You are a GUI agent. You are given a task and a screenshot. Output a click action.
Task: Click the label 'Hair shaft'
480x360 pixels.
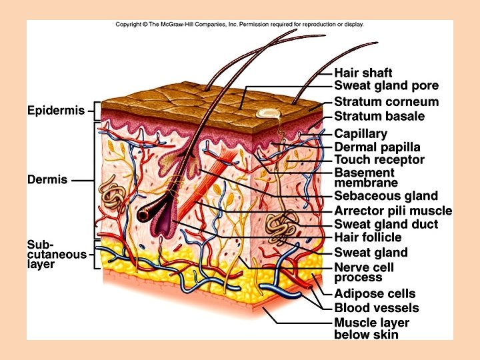click(x=363, y=73)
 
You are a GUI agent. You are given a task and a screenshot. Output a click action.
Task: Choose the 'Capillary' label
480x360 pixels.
click(x=360, y=133)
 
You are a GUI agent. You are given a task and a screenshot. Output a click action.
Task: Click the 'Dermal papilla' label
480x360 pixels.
click(x=377, y=147)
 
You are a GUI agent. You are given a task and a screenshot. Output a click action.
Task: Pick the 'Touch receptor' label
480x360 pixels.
click(x=379, y=160)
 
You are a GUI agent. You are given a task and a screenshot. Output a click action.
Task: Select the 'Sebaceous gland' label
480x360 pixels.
click(x=385, y=196)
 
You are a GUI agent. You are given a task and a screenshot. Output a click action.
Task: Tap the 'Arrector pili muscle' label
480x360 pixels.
click(x=393, y=211)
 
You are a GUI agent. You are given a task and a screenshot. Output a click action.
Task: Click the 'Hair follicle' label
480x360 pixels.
click(x=367, y=237)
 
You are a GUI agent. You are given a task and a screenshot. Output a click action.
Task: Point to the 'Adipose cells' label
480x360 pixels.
click(x=374, y=294)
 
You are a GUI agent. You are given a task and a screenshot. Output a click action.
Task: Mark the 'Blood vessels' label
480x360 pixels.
click(x=376, y=308)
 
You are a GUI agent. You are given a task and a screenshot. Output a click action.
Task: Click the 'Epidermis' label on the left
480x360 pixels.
click(x=56, y=111)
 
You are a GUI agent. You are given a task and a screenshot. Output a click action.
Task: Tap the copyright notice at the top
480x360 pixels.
click(x=239, y=25)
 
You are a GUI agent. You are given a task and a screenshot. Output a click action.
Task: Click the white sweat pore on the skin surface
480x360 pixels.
click(x=268, y=114)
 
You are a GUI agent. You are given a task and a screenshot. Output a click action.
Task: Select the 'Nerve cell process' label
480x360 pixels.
click(x=364, y=272)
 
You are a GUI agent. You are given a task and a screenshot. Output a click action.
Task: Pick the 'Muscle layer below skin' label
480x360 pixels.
click(x=371, y=328)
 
